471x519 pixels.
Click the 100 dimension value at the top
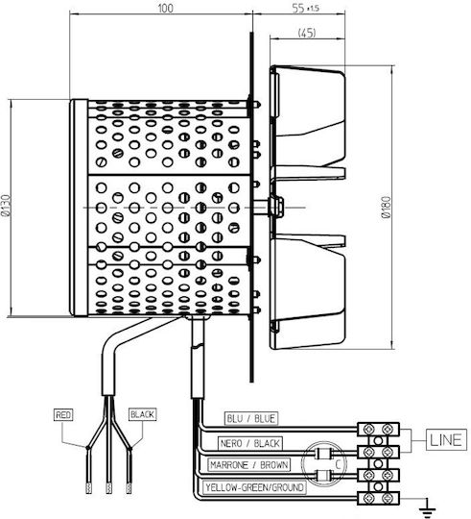click(165, 8)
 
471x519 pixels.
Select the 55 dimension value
click(298, 8)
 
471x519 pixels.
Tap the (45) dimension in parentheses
click(307, 33)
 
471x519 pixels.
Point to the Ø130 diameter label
click(6, 206)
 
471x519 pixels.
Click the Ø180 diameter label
click(386, 208)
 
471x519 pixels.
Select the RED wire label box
click(63, 415)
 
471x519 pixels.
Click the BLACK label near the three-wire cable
click(142, 414)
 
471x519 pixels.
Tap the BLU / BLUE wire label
click(250, 419)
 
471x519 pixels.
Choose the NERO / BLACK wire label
click(250, 443)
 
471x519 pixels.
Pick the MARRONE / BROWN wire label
click(249, 465)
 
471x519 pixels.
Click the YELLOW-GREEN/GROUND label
click(254, 487)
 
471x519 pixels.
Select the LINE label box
click(447, 440)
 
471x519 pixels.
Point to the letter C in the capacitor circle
click(338, 464)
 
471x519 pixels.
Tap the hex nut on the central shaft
click(276, 207)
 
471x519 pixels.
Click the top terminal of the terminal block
click(378, 430)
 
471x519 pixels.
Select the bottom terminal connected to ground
click(378, 498)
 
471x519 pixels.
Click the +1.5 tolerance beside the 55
click(313, 9)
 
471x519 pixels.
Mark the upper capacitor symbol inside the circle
click(323, 453)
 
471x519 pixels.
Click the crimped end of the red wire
click(88, 487)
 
